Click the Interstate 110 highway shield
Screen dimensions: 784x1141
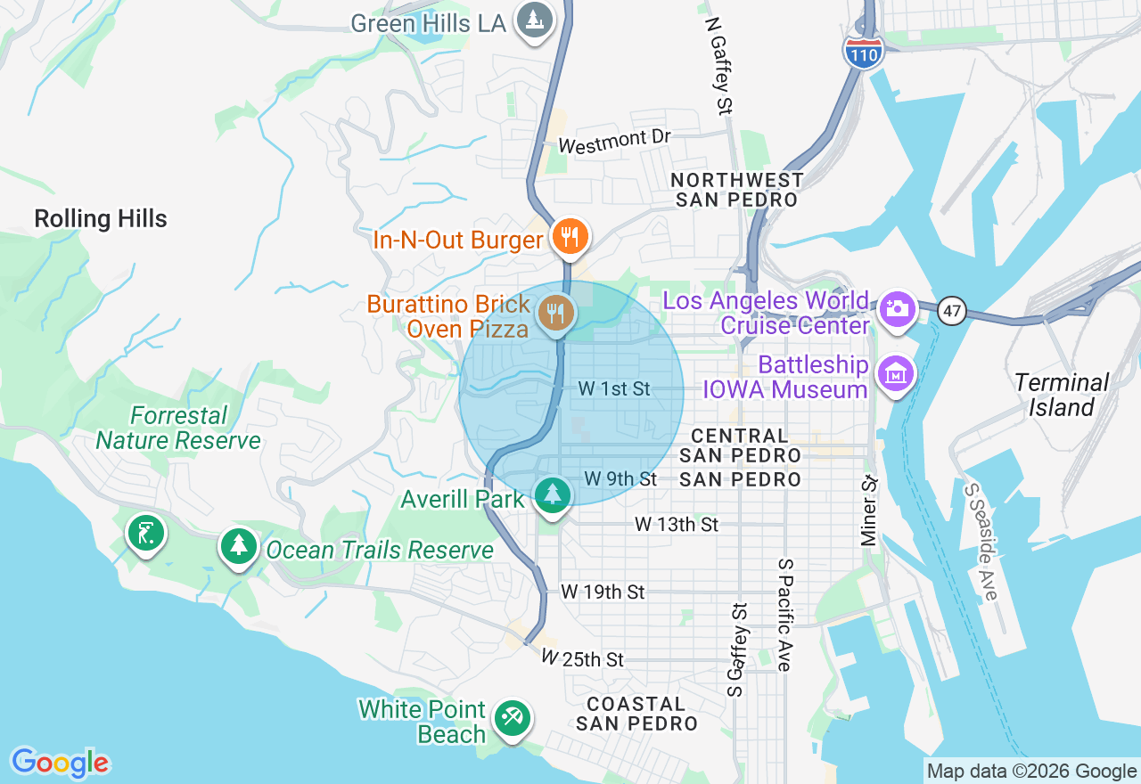pos(863,53)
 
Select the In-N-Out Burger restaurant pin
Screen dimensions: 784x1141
pos(568,237)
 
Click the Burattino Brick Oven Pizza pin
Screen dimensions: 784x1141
pos(555,313)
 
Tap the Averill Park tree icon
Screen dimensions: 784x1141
pos(552,494)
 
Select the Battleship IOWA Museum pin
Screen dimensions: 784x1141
pos(897,373)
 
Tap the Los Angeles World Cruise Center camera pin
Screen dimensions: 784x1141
pos(897,309)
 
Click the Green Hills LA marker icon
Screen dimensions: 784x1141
pos(535,19)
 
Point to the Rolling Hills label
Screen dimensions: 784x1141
pos(101,219)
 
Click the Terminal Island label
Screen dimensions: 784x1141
pos(1061,396)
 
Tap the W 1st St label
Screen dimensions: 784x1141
pos(614,388)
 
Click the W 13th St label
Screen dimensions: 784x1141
pos(677,525)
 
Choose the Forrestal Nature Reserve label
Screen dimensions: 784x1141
pos(178,428)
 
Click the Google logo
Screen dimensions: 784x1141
pos(60,763)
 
